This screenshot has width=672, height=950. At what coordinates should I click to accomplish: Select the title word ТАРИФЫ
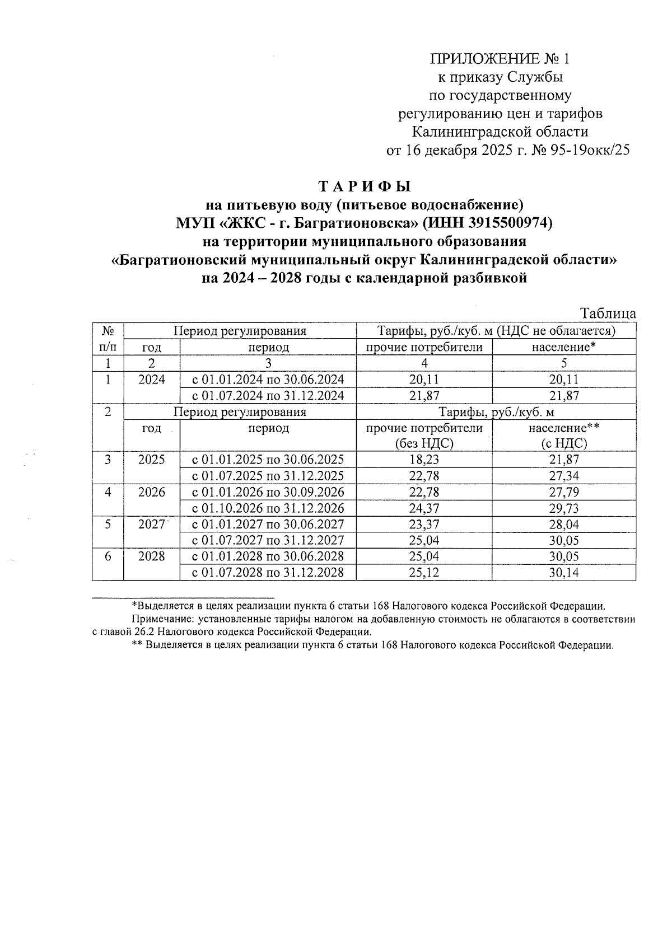tap(364, 186)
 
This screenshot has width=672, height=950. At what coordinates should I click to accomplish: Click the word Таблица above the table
tap(608, 313)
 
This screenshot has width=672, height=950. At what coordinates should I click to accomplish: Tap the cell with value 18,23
tap(424, 460)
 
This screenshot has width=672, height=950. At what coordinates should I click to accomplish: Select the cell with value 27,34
tap(564, 476)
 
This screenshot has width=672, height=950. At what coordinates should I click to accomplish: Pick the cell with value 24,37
tap(424, 508)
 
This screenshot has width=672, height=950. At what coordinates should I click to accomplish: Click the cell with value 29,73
tap(564, 508)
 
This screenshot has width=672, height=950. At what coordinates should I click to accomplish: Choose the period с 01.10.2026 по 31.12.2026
tap(268, 508)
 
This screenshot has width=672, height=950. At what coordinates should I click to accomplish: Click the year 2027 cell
tap(152, 525)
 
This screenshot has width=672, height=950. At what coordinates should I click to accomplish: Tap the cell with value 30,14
tap(564, 573)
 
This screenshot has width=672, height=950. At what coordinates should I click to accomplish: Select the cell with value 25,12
tap(424, 573)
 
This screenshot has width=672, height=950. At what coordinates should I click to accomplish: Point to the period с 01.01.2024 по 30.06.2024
tap(268, 380)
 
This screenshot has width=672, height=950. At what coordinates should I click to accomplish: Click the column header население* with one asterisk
tap(563, 347)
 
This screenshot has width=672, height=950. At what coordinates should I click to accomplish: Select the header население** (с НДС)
tap(564, 436)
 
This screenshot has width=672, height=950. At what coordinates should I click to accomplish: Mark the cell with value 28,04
tap(564, 525)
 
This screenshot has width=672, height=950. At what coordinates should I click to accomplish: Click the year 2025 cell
tap(152, 460)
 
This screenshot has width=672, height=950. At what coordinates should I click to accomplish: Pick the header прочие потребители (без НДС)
tap(424, 436)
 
